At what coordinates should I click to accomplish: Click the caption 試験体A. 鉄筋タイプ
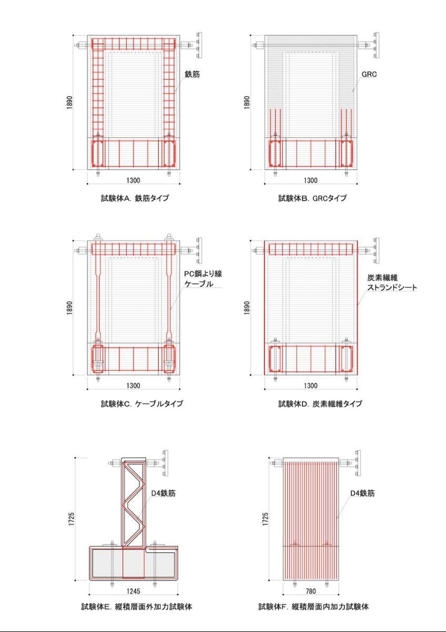point(135,199)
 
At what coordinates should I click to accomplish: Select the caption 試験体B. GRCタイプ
point(312,199)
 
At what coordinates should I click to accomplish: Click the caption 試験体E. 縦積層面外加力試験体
point(136,607)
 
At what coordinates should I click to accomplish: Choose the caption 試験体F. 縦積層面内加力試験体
point(313,607)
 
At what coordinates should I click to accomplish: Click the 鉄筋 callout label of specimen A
point(192,75)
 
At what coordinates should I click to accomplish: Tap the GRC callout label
point(369,75)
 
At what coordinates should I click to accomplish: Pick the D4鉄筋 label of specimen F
point(363,493)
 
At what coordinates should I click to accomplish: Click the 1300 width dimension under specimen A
point(134,181)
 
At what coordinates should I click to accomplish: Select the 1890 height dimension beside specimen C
point(69,307)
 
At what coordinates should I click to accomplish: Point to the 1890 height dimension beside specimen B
point(247,102)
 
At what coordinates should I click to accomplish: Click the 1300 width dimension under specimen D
point(311,386)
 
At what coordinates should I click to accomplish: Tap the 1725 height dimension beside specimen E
point(69,519)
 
